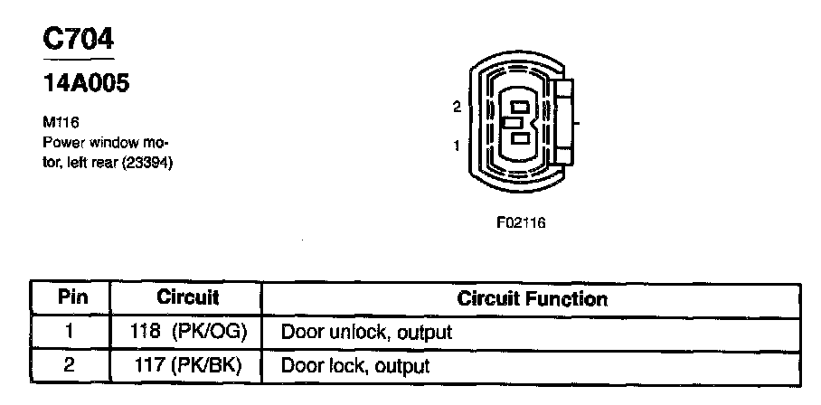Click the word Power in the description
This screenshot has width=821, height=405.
(x=63, y=143)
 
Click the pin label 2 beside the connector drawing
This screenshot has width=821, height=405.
(x=457, y=107)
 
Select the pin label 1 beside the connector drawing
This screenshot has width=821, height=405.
(x=457, y=145)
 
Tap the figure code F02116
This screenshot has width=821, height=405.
(x=522, y=221)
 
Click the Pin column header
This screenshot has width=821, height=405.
(x=71, y=297)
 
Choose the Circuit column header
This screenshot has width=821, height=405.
(x=188, y=297)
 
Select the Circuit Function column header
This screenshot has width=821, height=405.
(x=533, y=297)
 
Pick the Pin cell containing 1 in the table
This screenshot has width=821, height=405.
(x=70, y=332)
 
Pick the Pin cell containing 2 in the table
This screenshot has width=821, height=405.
(x=70, y=366)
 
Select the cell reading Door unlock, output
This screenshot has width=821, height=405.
(x=366, y=332)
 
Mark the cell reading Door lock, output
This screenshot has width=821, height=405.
(x=354, y=366)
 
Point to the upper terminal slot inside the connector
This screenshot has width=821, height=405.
(x=520, y=105)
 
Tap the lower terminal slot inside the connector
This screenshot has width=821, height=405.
(x=520, y=138)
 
